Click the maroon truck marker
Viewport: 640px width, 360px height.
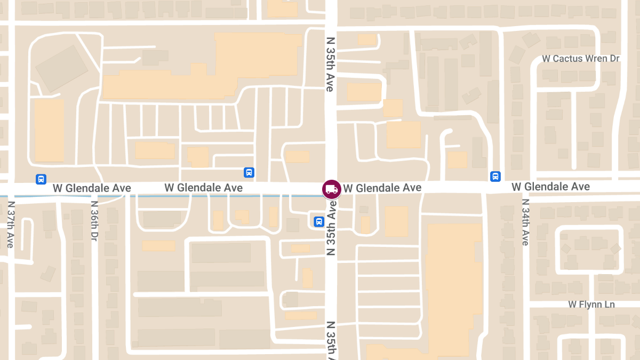[331, 189]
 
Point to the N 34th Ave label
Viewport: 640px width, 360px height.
[525, 222]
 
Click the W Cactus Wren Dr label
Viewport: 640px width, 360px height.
[580, 58]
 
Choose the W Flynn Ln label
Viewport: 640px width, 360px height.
[591, 304]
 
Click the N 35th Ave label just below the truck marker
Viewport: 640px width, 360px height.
[331, 228]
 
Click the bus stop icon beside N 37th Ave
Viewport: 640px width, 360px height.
[41, 179]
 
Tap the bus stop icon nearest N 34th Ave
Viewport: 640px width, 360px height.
[495, 176]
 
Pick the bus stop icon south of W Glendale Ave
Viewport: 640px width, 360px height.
[318, 221]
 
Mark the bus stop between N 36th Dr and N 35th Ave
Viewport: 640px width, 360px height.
[249, 172]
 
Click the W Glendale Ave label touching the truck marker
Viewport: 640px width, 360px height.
[382, 188]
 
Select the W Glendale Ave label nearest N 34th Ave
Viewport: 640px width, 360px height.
[550, 187]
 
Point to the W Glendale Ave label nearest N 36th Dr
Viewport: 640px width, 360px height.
[92, 188]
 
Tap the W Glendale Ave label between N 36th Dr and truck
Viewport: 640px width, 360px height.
[203, 188]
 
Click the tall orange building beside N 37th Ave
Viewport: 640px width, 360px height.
[49, 131]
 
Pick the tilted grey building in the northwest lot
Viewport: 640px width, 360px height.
[61, 68]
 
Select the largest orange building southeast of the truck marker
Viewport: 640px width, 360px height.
[453, 283]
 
